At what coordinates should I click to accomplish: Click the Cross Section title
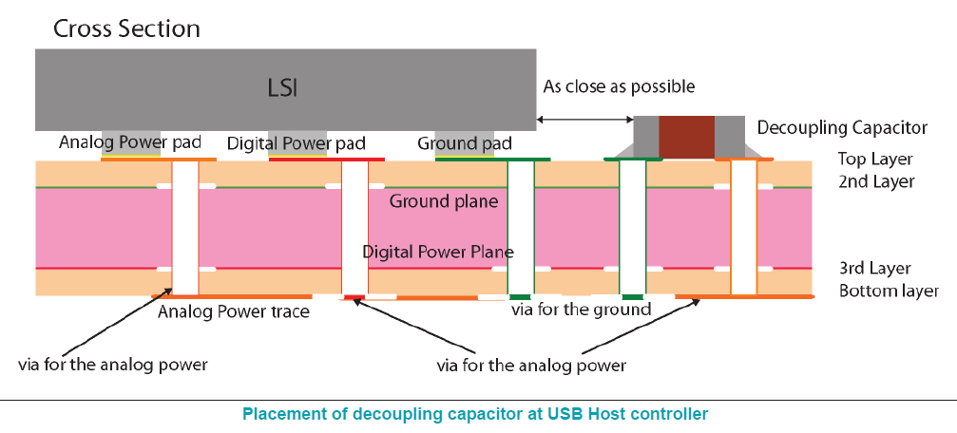click(126, 28)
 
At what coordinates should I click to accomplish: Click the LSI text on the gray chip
click(283, 88)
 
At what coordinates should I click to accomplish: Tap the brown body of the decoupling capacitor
click(686, 137)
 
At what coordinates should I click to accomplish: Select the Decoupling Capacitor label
click(841, 127)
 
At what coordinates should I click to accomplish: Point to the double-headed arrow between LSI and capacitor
click(585, 120)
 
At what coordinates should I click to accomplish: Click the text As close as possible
click(619, 86)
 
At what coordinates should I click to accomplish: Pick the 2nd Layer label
click(876, 181)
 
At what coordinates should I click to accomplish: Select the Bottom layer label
click(889, 291)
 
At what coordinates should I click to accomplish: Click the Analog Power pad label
click(130, 142)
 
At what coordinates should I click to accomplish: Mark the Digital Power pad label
click(297, 143)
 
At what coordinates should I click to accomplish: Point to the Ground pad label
click(465, 143)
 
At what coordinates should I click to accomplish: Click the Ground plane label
click(444, 201)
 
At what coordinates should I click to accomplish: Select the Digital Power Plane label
click(438, 252)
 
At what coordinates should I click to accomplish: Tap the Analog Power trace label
click(234, 311)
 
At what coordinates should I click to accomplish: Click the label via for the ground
click(581, 310)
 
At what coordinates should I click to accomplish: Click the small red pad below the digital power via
click(354, 298)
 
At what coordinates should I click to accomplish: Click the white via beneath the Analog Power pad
click(185, 228)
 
